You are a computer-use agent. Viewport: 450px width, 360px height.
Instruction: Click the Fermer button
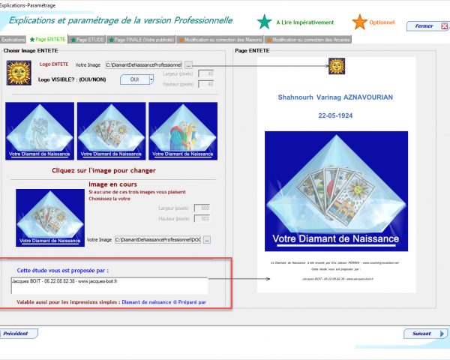pyautogui.click(x=424, y=25)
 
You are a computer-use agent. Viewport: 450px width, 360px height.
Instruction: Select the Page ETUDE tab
pyautogui.click(x=88, y=39)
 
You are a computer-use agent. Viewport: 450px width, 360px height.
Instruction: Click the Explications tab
pyautogui.click(x=13, y=39)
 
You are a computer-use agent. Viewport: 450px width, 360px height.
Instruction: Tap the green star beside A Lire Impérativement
pyautogui.click(x=264, y=22)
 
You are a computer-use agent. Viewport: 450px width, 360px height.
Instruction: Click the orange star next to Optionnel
pyautogui.click(x=360, y=22)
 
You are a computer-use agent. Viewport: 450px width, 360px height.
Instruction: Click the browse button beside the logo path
pyautogui.click(x=188, y=65)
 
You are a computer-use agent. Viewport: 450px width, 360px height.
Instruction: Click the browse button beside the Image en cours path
pyautogui.click(x=207, y=239)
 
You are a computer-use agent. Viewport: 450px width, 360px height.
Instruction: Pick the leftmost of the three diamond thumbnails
pyautogui.click(x=40, y=130)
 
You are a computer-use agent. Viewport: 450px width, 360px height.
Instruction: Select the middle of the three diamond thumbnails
pyautogui.click(x=111, y=130)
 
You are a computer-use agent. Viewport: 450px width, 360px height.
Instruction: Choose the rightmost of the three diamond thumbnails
pyautogui.click(x=183, y=130)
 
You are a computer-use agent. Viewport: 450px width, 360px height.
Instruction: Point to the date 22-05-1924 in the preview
pyautogui.click(x=335, y=117)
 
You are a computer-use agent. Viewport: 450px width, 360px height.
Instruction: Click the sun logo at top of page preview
pyautogui.click(x=336, y=66)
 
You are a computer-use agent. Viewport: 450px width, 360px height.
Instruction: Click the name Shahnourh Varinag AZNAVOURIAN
pyautogui.click(x=335, y=97)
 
